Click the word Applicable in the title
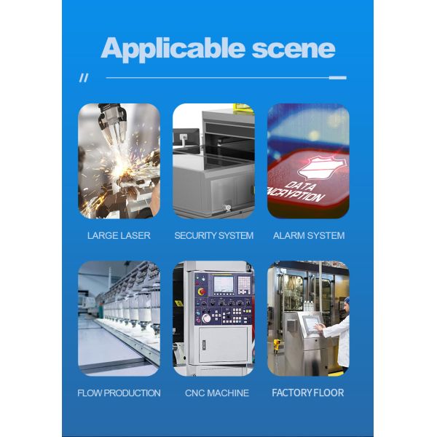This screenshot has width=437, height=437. (x=173, y=50)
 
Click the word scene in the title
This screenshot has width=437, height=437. (x=294, y=49)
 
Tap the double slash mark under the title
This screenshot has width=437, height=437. (x=84, y=78)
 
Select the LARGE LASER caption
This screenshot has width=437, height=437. (x=119, y=235)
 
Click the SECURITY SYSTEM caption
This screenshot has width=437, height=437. (x=213, y=235)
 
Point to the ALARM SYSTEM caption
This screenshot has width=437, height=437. (x=309, y=235)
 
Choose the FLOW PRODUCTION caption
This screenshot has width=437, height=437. (x=119, y=393)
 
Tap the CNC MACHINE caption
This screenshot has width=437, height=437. (x=217, y=393)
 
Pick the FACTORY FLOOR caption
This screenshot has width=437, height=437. (x=308, y=393)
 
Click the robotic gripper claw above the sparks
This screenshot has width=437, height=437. (x=113, y=121)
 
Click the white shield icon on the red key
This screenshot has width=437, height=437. (x=320, y=168)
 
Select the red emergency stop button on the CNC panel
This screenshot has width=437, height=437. (x=202, y=291)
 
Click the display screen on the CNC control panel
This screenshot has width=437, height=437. (x=224, y=284)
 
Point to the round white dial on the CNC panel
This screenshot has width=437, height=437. (x=206, y=318)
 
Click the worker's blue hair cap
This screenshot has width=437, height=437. (x=347, y=300)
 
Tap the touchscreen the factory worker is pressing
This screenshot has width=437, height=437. (x=312, y=323)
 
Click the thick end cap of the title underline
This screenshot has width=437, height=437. (x=338, y=78)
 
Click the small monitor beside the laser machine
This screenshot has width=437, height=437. (x=186, y=137)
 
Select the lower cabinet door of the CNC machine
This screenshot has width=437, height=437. (x=224, y=345)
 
